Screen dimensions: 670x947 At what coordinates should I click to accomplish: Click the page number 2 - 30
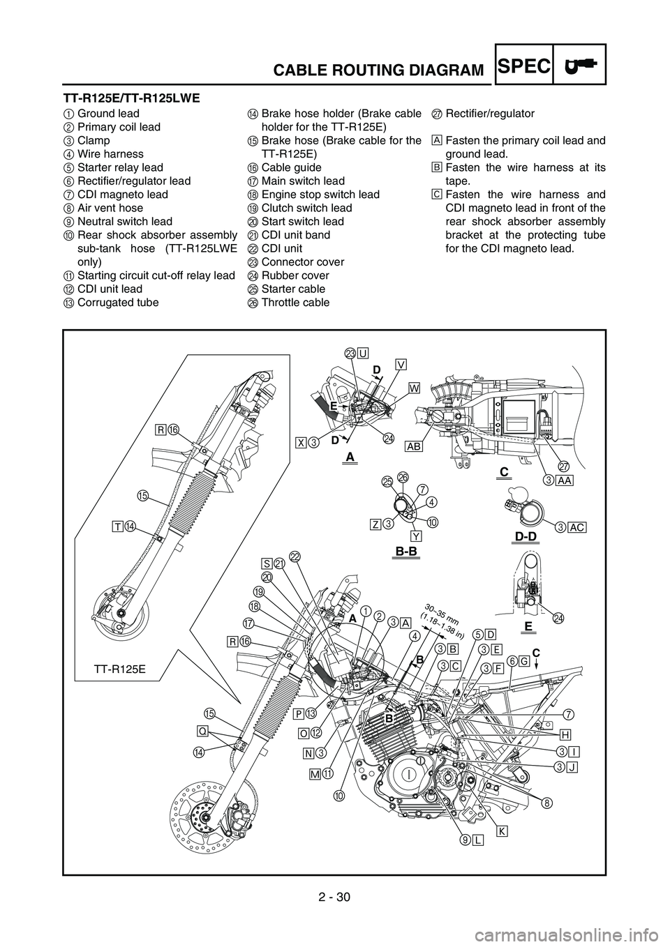click(x=334, y=907)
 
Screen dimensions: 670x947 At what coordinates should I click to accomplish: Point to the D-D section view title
click(x=526, y=536)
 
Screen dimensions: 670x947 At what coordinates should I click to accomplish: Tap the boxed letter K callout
click(x=501, y=831)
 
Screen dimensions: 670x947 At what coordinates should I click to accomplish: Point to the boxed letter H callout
click(x=565, y=735)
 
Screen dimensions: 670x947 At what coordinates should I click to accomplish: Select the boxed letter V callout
click(x=401, y=365)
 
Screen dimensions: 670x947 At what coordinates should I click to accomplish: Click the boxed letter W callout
click(x=414, y=388)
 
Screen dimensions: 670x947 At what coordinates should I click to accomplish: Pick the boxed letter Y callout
click(x=416, y=536)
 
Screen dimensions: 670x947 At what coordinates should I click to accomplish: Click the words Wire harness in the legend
click(x=111, y=154)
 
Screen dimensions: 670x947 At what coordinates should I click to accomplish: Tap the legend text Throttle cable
click(x=296, y=303)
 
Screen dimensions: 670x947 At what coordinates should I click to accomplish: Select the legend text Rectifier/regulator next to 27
click(x=490, y=114)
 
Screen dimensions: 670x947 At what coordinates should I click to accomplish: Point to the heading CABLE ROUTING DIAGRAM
click(x=378, y=69)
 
